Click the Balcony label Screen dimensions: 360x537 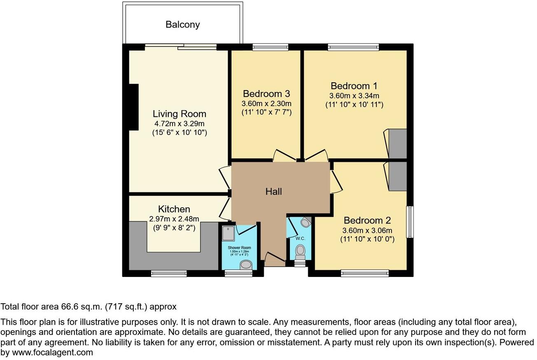coord(182,25)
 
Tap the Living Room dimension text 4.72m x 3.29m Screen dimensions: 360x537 coord(180,123)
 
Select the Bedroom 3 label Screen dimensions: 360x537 coord(267,93)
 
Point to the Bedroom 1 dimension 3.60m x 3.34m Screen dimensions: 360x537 coord(354,96)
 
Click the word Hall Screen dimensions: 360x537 coord(273,191)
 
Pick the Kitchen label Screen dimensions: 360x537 coord(174,209)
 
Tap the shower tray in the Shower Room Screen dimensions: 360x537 coord(228,234)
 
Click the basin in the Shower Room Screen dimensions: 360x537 coord(246,265)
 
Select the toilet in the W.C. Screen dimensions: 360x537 coord(300,251)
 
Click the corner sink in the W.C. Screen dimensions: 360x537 coord(305,223)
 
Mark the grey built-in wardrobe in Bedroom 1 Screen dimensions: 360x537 coord(398,144)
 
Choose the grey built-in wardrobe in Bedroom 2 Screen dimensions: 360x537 coord(398,176)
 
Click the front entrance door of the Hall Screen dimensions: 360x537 coord(274,258)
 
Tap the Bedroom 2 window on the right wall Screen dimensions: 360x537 coord(410,222)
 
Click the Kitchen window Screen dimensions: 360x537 coord(168,273)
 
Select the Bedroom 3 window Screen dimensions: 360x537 coord(270,47)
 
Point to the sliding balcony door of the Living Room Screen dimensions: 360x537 coord(181,47)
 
